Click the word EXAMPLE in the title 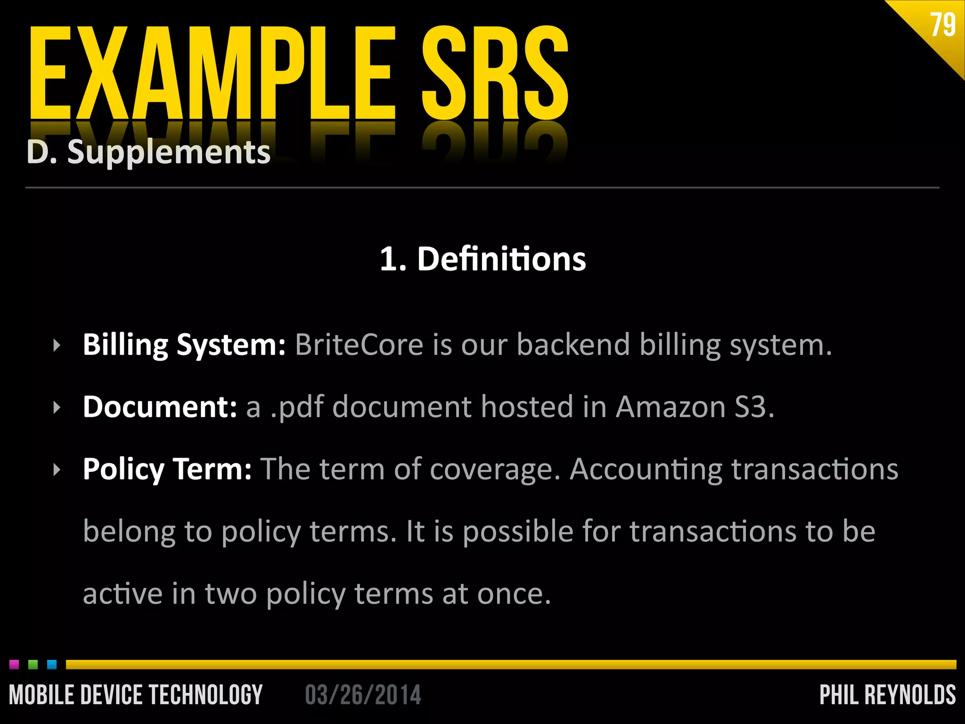point(212,73)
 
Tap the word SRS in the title point(495,73)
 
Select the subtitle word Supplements point(169,152)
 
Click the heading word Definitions point(501,259)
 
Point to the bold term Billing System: point(184,345)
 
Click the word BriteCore point(359,345)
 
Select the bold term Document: point(160,407)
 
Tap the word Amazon point(671,407)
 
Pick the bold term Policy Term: point(167,469)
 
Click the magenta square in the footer point(14,664)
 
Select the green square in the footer point(33,664)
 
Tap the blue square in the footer point(52,664)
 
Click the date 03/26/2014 point(363,695)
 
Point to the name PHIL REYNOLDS point(887,695)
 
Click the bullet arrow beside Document point(57,407)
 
